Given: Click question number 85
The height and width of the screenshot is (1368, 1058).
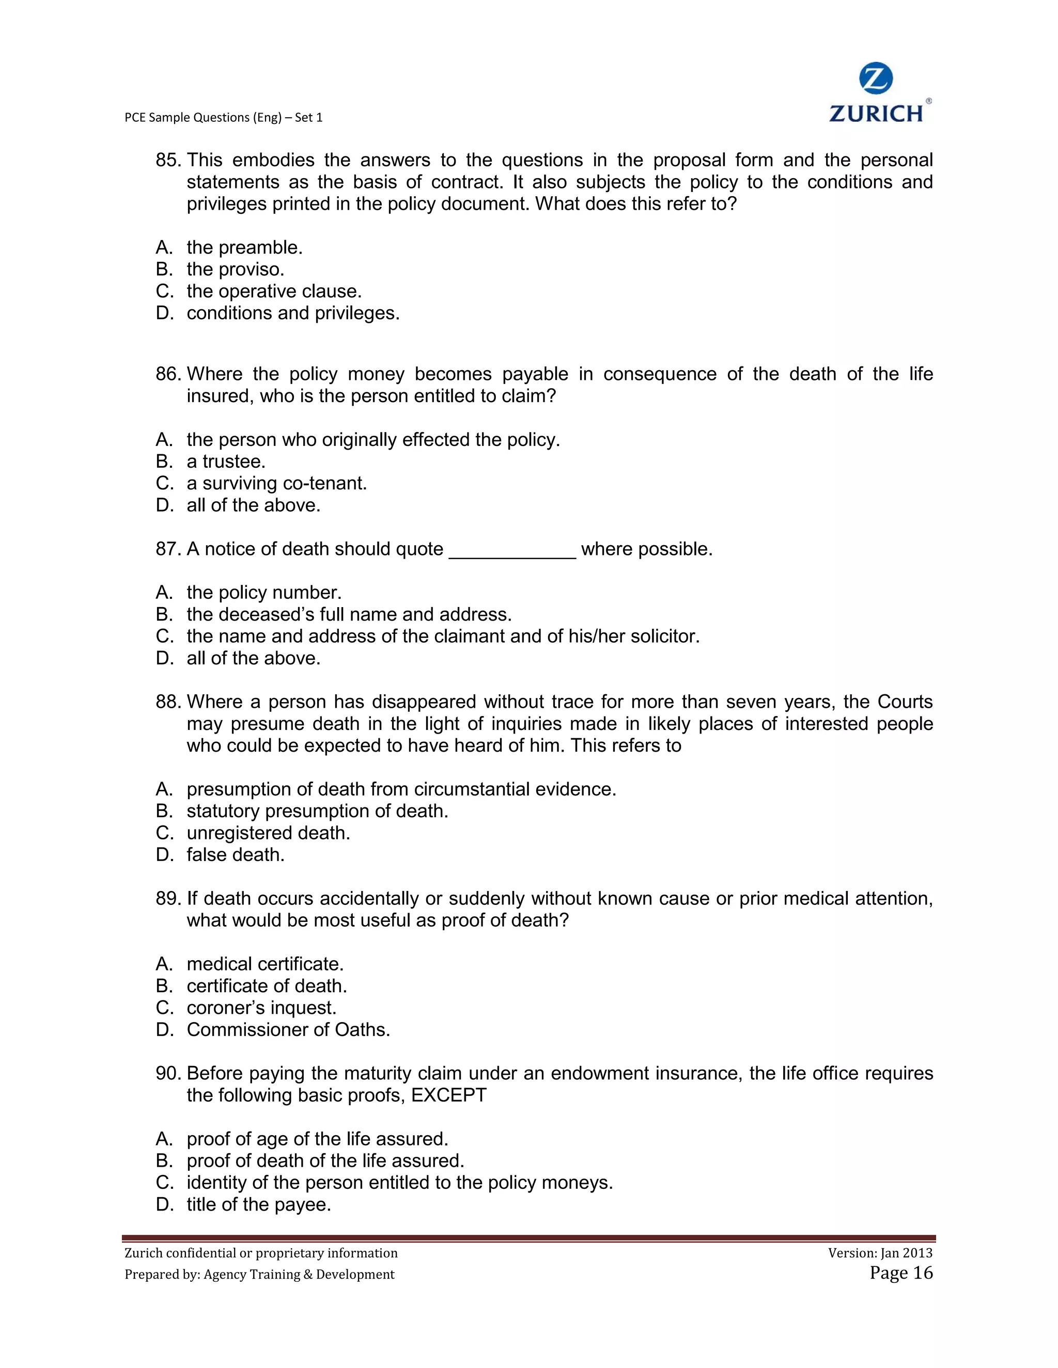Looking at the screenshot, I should click(168, 161).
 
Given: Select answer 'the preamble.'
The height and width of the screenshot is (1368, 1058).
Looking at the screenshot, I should click(244, 247).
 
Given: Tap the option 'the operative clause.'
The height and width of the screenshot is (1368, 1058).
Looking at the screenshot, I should click(274, 291).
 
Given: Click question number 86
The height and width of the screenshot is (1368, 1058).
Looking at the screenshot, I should click(168, 374).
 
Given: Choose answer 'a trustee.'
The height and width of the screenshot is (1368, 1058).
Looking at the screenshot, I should click(226, 462).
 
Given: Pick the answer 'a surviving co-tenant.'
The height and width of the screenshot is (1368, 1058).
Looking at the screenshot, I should click(276, 484).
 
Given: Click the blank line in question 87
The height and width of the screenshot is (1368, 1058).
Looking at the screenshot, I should click(512, 550).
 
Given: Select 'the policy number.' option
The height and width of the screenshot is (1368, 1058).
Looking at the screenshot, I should click(264, 593).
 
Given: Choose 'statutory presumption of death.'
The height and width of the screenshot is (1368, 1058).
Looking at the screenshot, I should click(317, 811).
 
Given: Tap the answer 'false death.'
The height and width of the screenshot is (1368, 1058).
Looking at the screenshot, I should click(235, 855).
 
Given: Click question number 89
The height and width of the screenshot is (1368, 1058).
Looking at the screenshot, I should click(168, 898).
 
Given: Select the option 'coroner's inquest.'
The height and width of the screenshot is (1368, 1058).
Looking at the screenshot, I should click(261, 1008).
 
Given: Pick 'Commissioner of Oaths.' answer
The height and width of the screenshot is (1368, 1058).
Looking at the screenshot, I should click(288, 1030).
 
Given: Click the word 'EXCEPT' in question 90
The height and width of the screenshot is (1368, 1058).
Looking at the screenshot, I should click(449, 1095).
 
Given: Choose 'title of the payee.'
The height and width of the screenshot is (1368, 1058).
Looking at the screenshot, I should click(258, 1204).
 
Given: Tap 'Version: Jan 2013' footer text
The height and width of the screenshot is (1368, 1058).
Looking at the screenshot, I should click(880, 1253).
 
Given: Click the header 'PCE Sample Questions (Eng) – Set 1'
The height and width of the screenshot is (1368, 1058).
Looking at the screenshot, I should click(223, 117).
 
